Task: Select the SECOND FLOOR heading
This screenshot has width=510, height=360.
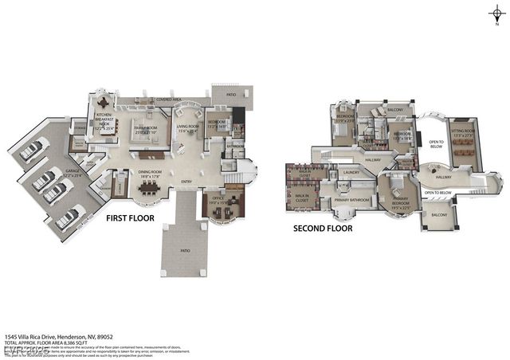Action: (x=322, y=227)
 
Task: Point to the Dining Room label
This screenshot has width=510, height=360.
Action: (x=148, y=173)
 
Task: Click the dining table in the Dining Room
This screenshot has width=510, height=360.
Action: (x=148, y=190)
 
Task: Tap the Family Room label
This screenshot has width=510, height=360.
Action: (x=145, y=129)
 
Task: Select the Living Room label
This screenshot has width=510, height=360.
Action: (x=187, y=127)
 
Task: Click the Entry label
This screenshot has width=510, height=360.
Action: (x=186, y=181)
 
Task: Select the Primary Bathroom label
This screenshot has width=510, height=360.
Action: (x=351, y=199)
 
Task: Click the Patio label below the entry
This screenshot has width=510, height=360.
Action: (x=184, y=250)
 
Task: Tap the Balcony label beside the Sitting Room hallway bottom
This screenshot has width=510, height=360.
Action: (x=439, y=215)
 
